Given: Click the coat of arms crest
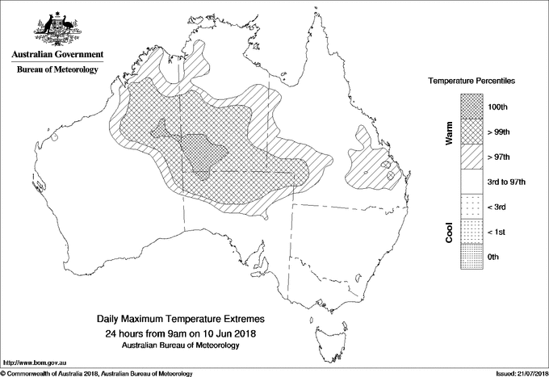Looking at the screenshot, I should [x=57, y=29].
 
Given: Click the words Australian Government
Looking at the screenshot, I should [x=57, y=55].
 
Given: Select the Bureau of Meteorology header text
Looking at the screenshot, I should [x=57, y=70].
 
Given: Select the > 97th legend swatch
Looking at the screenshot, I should [x=472, y=157].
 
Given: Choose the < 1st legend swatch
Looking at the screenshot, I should [x=472, y=232].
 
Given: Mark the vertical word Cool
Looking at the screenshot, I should [x=449, y=232].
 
